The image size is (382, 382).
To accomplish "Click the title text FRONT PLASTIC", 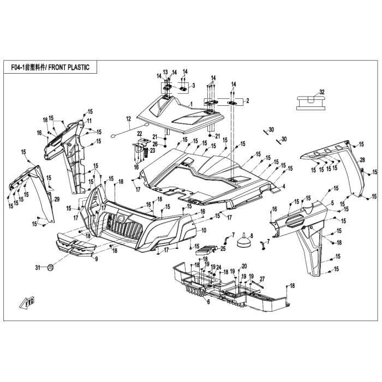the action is [x=69, y=67].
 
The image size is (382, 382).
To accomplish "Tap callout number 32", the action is [x=322, y=92].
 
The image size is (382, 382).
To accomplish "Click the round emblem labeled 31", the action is [x=50, y=268].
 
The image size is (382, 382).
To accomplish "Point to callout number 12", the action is [x=128, y=119].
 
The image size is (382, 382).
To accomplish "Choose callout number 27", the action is [x=262, y=279].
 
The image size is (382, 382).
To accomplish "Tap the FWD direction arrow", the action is [x=27, y=302].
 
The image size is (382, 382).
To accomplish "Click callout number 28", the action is [x=362, y=160].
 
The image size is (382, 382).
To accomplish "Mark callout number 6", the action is [x=208, y=302].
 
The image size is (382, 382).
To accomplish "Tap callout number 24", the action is [x=218, y=267].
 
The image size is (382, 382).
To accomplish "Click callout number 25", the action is [x=223, y=249].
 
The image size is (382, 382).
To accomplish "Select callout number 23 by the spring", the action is [x=152, y=151].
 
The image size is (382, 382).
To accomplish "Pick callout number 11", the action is [x=89, y=121].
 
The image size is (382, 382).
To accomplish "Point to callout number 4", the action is [x=284, y=187].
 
